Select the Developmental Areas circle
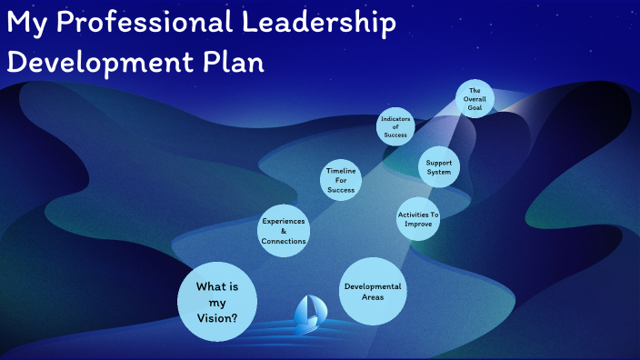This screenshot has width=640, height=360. [x=372, y=291]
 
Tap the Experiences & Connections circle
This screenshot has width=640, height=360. [x=283, y=231]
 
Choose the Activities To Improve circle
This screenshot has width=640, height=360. [x=418, y=219]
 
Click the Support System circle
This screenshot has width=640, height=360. [x=439, y=167]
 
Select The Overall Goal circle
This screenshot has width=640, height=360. [x=475, y=100]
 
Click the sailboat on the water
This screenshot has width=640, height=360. [x=305, y=313]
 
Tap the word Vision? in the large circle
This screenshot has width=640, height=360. [x=218, y=319]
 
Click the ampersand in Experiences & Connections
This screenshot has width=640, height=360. [x=283, y=231]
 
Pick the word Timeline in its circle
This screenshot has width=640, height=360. [x=342, y=170]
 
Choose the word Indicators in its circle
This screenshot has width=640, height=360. [x=395, y=119]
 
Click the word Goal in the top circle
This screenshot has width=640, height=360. [x=475, y=107]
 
